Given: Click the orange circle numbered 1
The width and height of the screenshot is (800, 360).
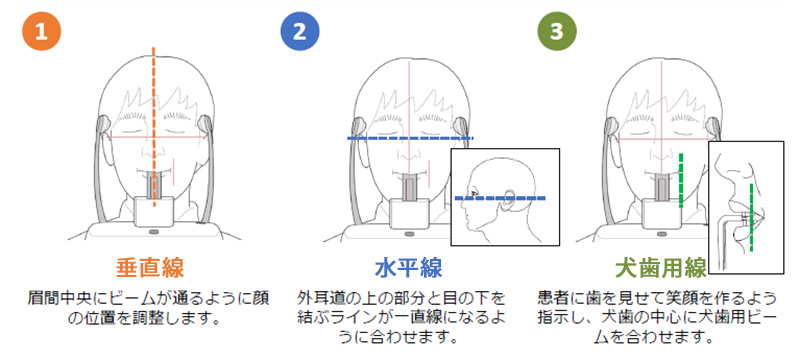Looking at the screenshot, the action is (x=41, y=32).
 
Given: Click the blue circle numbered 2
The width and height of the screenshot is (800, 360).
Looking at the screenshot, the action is (x=300, y=32).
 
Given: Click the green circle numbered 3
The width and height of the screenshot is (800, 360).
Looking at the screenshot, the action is (x=557, y=32).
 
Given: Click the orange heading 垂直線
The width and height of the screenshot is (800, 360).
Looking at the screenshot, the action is (x=150, y=268).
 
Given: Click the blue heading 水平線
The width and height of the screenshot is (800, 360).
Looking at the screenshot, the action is (x=408, y=268).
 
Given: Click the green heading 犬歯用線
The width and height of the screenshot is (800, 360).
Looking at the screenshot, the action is (x=661, y=268).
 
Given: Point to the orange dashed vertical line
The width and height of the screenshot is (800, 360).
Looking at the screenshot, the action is (x=154, y=126).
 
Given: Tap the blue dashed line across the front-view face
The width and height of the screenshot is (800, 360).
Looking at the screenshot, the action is (x=410, y=138).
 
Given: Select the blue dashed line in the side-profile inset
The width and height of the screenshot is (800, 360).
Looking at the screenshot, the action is (x=500, y=198).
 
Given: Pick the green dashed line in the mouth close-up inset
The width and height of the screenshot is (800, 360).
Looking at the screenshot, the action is (x=751, y=217).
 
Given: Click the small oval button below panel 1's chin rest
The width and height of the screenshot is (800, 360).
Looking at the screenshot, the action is (x=154, y=232).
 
